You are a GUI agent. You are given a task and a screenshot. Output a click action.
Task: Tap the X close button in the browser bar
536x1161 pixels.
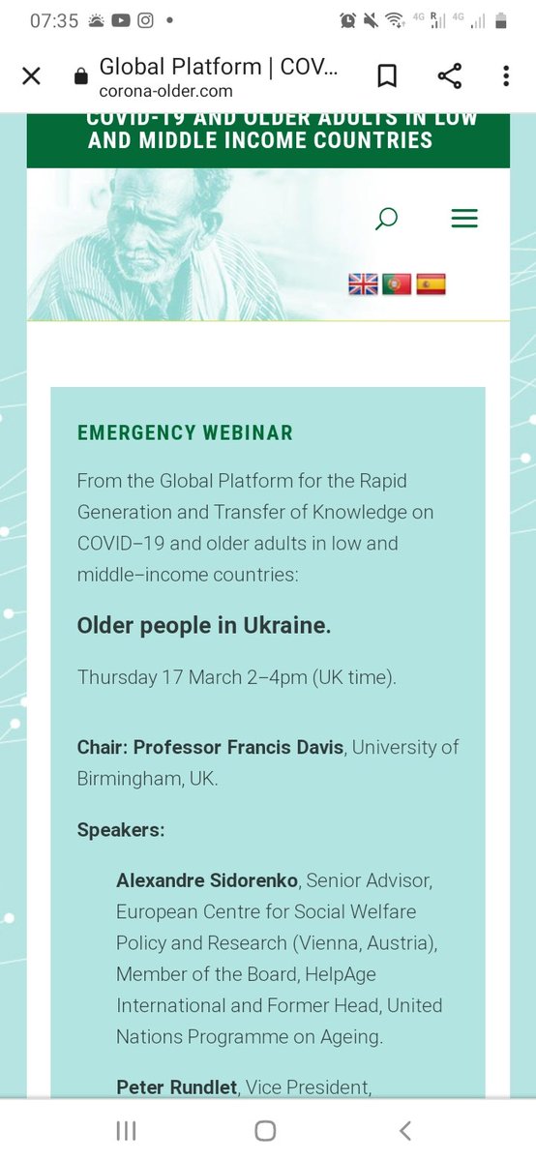31,76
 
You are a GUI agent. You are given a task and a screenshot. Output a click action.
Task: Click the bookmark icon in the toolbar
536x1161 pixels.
386,76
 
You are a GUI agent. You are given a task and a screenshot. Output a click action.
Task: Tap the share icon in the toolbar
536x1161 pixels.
449,76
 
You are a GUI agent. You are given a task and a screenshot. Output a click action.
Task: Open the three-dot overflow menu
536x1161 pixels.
506,76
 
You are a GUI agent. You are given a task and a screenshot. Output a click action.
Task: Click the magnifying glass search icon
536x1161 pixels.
386,220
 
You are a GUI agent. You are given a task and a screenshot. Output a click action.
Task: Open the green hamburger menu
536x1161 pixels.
464,220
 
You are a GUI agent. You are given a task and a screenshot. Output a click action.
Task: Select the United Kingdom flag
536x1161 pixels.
363,283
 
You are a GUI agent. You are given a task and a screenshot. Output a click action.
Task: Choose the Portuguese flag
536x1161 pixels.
397,283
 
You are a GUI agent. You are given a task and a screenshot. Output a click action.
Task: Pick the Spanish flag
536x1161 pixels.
431,283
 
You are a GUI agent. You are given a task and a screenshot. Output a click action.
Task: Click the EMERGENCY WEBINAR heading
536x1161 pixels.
185,432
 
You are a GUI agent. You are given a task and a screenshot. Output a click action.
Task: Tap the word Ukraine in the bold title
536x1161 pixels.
290,625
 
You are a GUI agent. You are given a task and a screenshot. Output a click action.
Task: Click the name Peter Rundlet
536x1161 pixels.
177,1087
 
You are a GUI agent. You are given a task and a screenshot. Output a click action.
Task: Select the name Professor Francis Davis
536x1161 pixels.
238,747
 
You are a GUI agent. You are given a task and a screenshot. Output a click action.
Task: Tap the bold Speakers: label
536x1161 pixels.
121,829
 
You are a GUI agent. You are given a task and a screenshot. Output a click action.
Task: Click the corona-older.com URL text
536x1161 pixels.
165,91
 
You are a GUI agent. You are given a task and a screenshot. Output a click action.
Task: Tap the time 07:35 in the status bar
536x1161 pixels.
54,20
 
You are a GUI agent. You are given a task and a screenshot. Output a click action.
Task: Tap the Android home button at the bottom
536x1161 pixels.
265,1130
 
